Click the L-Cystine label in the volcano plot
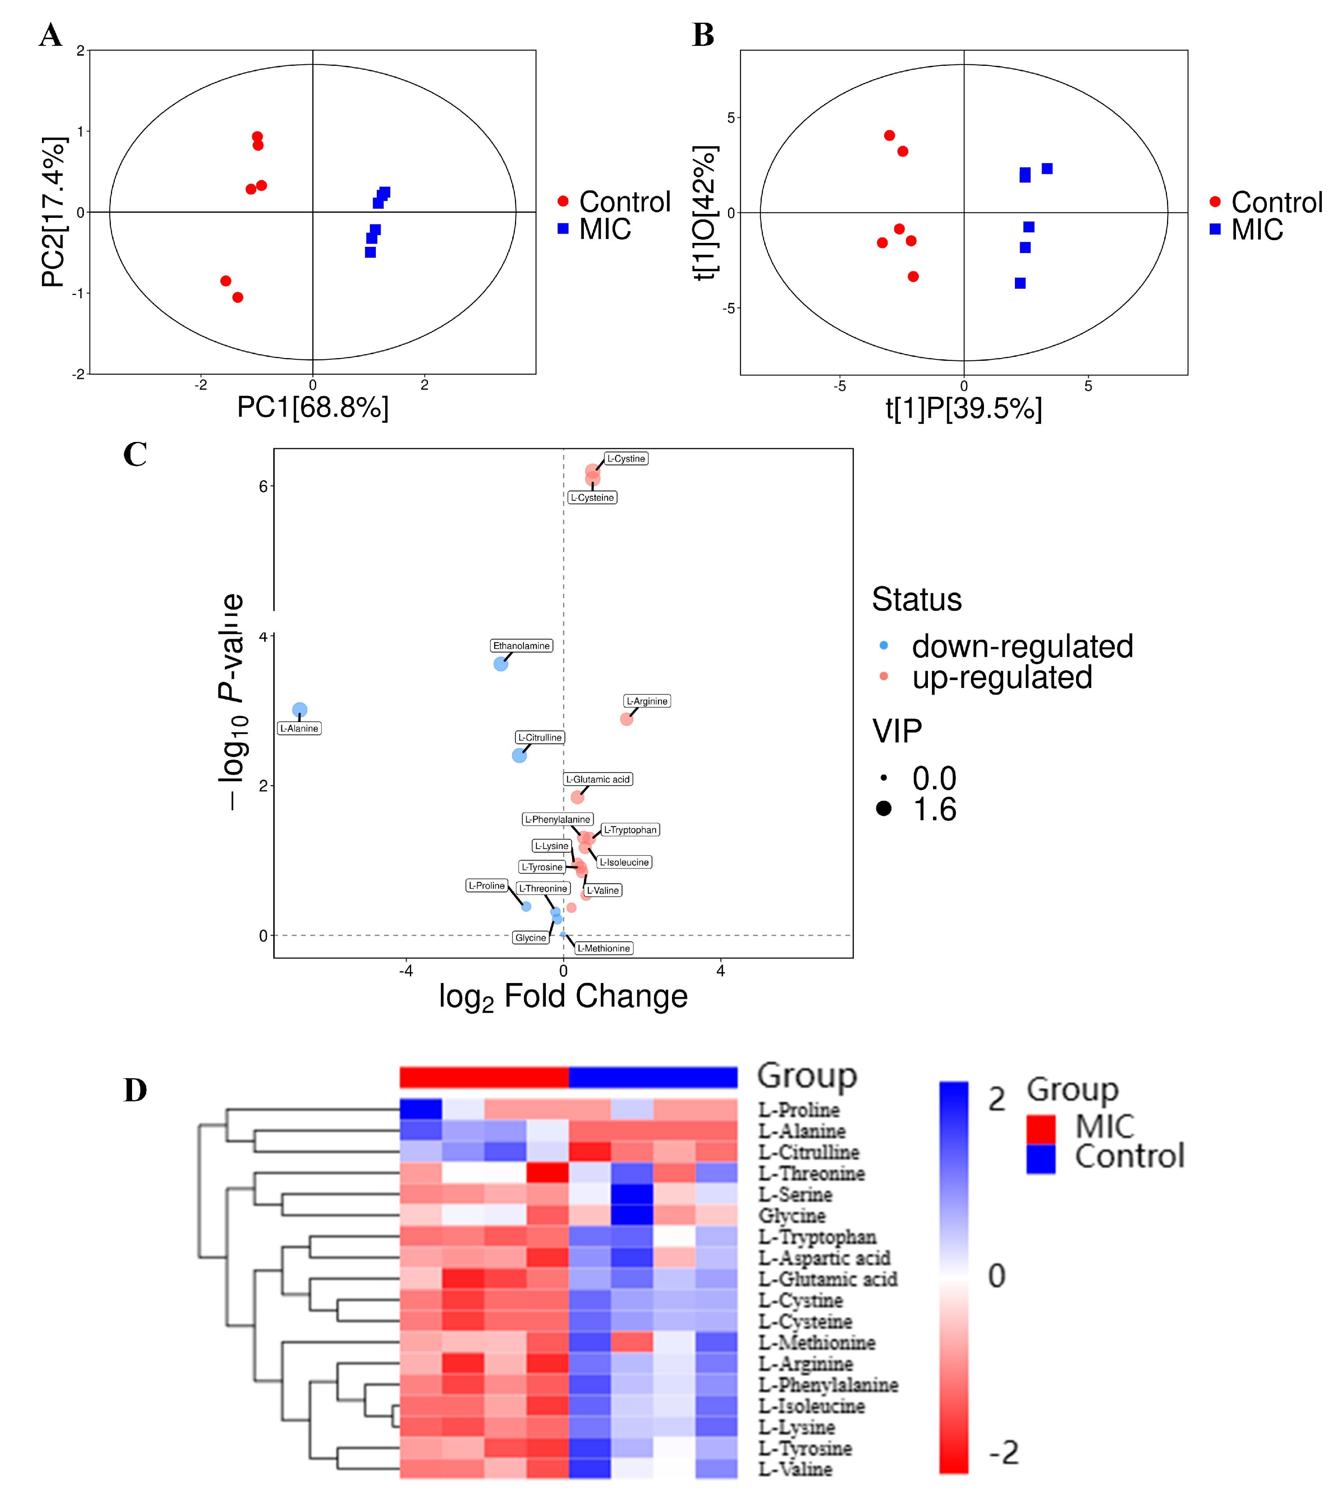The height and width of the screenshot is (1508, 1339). [625, 459]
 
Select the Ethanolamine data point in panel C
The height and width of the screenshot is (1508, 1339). [501, 664]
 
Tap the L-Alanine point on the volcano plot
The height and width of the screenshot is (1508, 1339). [299, 710]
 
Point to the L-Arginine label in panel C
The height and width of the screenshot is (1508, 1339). [647, 701]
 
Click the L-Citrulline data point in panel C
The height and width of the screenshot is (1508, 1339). [519, 755]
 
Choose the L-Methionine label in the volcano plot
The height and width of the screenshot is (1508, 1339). [603, 948]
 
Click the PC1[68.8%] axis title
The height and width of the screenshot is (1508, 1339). [313, 407]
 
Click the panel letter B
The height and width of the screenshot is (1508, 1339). [703, 35]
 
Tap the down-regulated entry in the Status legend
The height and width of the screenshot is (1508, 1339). [1022, 646]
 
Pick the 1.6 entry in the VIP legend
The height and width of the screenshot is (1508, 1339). [934, 809]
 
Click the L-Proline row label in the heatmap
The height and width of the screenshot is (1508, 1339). [798, 1110]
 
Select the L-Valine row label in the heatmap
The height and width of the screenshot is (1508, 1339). [795, 1469]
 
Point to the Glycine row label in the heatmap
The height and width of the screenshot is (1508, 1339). [792, 1215]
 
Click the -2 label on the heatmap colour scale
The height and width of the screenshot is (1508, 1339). [1003, 1453]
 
